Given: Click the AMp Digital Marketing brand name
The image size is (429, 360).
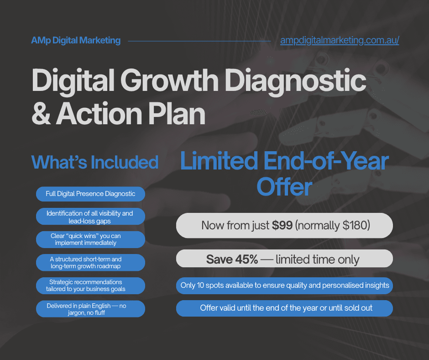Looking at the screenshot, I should [x=76, y=41].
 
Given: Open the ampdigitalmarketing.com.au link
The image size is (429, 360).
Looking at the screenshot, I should [x=340, y=41].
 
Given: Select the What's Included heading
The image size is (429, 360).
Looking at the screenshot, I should [x=94, y=162].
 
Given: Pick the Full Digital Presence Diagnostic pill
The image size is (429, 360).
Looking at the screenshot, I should [x=90, y=194].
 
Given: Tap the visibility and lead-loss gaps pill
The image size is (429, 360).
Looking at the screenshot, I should [x=90, y=217].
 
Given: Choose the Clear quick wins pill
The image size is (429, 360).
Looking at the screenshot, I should [x=90, y=239].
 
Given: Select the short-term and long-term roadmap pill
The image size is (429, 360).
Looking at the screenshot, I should [x=90, y=262].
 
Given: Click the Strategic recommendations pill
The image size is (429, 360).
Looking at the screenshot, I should [x=90, y=285].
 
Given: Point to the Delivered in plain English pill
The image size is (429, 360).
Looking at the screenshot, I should [x=90, y=309].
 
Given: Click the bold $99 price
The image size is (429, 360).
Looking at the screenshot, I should [x=283, y=225].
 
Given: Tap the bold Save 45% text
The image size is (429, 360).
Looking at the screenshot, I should [x=232, y=259].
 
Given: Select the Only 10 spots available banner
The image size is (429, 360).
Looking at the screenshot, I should [x=284, y=286].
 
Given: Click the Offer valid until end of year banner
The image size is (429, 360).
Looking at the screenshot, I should [x=284, y=308].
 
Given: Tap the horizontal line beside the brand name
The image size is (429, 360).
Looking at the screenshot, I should [x=199, y=41].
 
